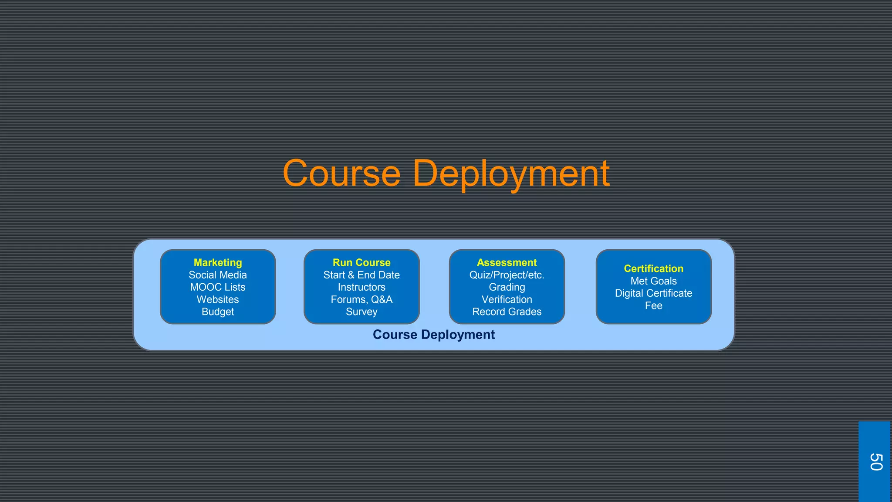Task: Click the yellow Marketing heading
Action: [218, 263]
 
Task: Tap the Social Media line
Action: [218, 275]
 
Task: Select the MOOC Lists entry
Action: [218, 287]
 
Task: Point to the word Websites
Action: [218, 299]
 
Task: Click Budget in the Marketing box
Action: [218, 312]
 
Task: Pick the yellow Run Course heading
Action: [362, 263]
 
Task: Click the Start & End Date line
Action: [362, 275]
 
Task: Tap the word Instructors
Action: [362, 287]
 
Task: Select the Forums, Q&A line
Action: [362, 299]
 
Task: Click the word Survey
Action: [362, 312]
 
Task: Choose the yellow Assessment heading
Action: [507, 263]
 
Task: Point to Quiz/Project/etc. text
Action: [507, 275]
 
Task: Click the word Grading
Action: [507, 287]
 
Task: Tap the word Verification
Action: [507, 299]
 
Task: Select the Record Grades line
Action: [507, 312]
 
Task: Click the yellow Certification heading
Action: [653, 269]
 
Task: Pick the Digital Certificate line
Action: [653, 293]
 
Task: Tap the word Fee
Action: [653, 305]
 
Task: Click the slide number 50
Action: [875, 462]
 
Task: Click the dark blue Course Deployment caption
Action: [433, 335]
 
